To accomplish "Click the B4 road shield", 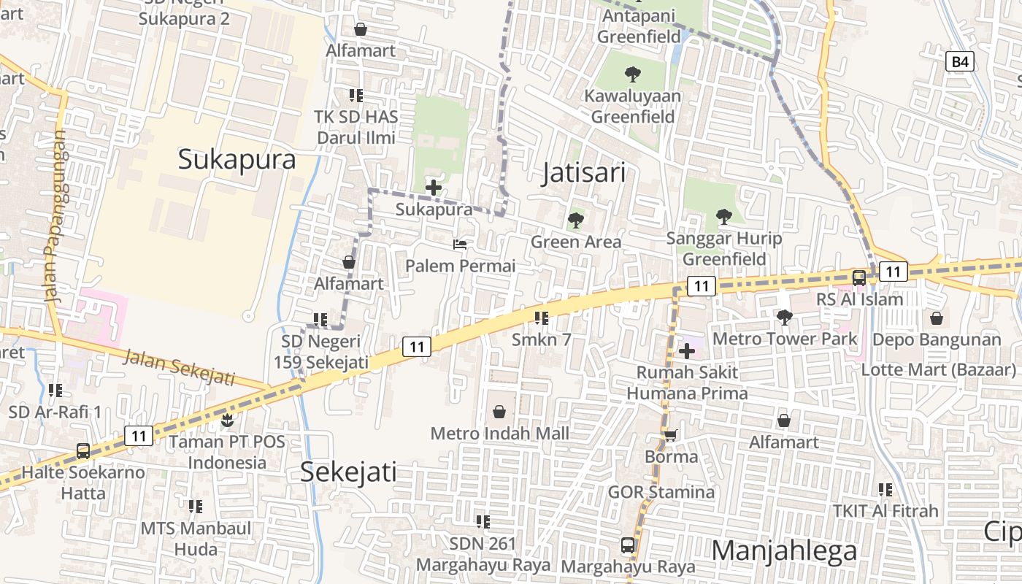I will click(x=960, y=62).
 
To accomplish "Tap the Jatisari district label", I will click(x=584, y=173).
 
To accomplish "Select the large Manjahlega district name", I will click(x=784, y=550).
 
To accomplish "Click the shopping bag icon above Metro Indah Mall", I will click(x=499, y=412).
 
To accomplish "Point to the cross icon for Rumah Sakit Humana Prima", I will click(x=686, y=351).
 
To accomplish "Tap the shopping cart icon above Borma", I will click(x=670, y=436).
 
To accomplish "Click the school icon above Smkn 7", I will click(x=541, y=318).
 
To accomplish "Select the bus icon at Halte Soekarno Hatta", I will click(x=83, y=451).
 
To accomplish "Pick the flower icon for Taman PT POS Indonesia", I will click(x=227, y=420).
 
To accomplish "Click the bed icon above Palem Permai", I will click(x=460, y=245).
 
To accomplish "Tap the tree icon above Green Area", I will click(x=576, y=220).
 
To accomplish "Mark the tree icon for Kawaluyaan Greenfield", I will click(x=632, y=74).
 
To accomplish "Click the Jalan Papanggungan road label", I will click(x=53, y=216).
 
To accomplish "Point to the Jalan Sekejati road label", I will click(x=180, y=367).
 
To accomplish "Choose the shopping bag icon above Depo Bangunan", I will click(x=937, y=318).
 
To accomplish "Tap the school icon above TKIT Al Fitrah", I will click(x=885, y=490).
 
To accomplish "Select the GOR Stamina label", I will click(x=661, y=492).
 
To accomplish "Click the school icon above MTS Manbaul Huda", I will click(x=195, y=506).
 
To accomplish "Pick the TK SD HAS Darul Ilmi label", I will click(x=356, y=127).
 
